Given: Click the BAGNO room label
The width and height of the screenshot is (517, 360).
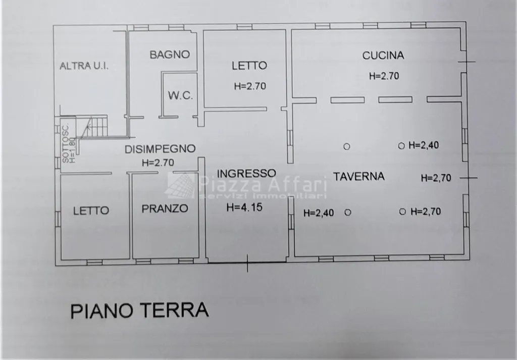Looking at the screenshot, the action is click(x=170, y=55).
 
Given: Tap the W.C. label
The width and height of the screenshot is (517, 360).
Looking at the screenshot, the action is click(x=180, y=95).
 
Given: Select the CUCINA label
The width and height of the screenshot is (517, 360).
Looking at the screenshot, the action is click(x=383, y=56).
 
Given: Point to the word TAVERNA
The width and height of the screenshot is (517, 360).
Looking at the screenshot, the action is click(x=359, y=176).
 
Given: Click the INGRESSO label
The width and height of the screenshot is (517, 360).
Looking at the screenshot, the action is click(x=246, y=173).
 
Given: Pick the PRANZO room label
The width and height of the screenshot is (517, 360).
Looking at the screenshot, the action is click(x=165, y=209).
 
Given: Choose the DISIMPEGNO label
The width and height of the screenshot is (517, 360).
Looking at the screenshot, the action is click(x=160, y=149).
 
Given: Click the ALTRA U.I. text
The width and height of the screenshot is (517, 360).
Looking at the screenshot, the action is click(x=84, y=66).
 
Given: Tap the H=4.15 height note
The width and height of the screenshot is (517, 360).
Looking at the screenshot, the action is click(x=245, y=207).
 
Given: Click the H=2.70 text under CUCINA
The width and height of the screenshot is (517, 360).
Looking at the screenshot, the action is click(x=384, y=76).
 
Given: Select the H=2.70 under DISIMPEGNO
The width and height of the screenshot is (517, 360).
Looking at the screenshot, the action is click(x=158, y=163).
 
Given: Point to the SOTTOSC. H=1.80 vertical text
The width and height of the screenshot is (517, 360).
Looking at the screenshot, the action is click(x=69, y=144).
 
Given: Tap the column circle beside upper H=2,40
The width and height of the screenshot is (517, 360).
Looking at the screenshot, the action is click(x=401, y=146).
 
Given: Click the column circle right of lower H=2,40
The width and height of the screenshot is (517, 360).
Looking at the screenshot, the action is click(x=348, y=212).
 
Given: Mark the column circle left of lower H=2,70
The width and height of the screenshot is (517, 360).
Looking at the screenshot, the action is click(x=402, y=212).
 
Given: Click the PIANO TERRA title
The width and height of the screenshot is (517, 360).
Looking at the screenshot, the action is click(x=140, y=310).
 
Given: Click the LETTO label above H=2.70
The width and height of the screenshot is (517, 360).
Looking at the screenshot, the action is click(x=249, y=66).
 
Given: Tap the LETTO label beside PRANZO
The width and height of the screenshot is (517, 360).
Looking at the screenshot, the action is click(x=91, y=211).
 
